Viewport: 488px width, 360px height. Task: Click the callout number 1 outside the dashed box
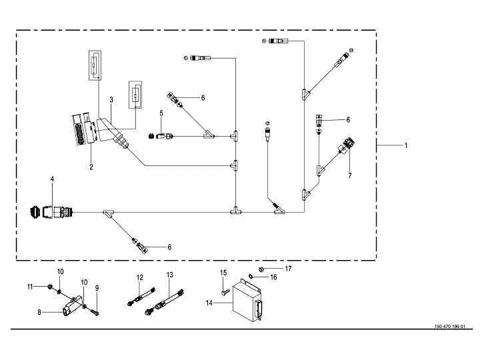[x=406, y=145]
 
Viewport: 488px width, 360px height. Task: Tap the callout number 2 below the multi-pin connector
[x=91, y=167]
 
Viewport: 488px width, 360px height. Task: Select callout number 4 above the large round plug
[x=52, y=179]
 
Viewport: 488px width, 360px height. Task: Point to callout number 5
[x=161, y=113]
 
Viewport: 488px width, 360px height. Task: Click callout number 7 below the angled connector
[x=350, y=175]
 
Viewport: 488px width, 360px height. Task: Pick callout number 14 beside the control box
[x=209, y=303]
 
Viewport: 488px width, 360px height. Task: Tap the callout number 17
[x=289, y=269]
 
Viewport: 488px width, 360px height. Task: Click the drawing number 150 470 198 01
[x=450, y=327]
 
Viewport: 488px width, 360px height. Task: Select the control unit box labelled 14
[x=247, y=301]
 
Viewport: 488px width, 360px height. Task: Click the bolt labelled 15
[x=225, y=292]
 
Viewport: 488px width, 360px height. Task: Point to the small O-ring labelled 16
[x=250, y=276]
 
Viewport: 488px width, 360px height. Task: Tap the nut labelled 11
[x=49, y=286]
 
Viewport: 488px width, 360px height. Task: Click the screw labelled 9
[x=95, y=312]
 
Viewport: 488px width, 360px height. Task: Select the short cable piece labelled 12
[x=141, y=297]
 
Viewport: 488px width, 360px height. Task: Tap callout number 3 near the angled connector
[x=111, y=100]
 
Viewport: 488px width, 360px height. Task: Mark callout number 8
[x=39, y=312]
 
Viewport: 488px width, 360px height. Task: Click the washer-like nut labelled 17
[x=261, y=269]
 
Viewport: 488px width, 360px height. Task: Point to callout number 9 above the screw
[x=97, y=288]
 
